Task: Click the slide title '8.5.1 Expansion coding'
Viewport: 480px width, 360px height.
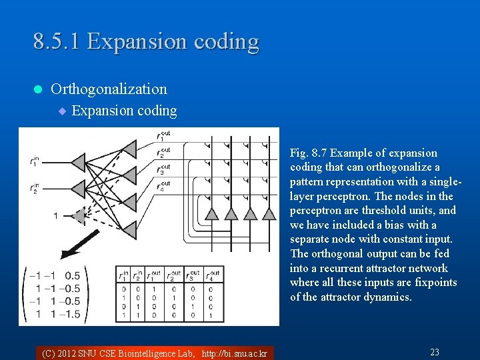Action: coord(146,41)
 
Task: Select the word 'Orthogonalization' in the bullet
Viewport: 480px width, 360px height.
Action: coord(109,89)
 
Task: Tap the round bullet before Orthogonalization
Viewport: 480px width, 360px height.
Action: coord(37,89)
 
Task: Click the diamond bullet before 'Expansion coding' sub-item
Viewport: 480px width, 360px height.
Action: coord(62,111)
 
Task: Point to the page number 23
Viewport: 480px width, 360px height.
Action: coord(434,352)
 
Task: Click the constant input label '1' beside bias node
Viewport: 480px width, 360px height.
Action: coord(56,215)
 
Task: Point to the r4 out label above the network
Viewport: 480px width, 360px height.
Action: coord(163,185)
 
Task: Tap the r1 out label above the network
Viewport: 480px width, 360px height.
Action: coord(163,137)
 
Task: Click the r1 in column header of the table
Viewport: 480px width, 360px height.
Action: coord(123,274)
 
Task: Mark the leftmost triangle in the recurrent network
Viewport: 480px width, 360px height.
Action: coord(211,213)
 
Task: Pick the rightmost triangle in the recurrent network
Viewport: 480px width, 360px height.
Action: coord(269,213)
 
